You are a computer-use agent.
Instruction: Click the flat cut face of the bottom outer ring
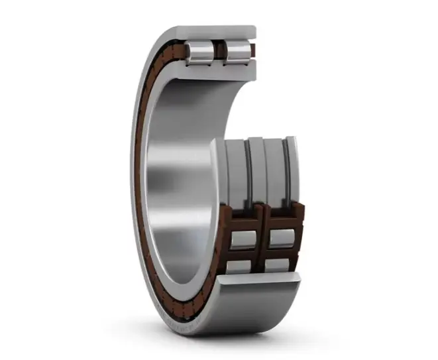point(258,282)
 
